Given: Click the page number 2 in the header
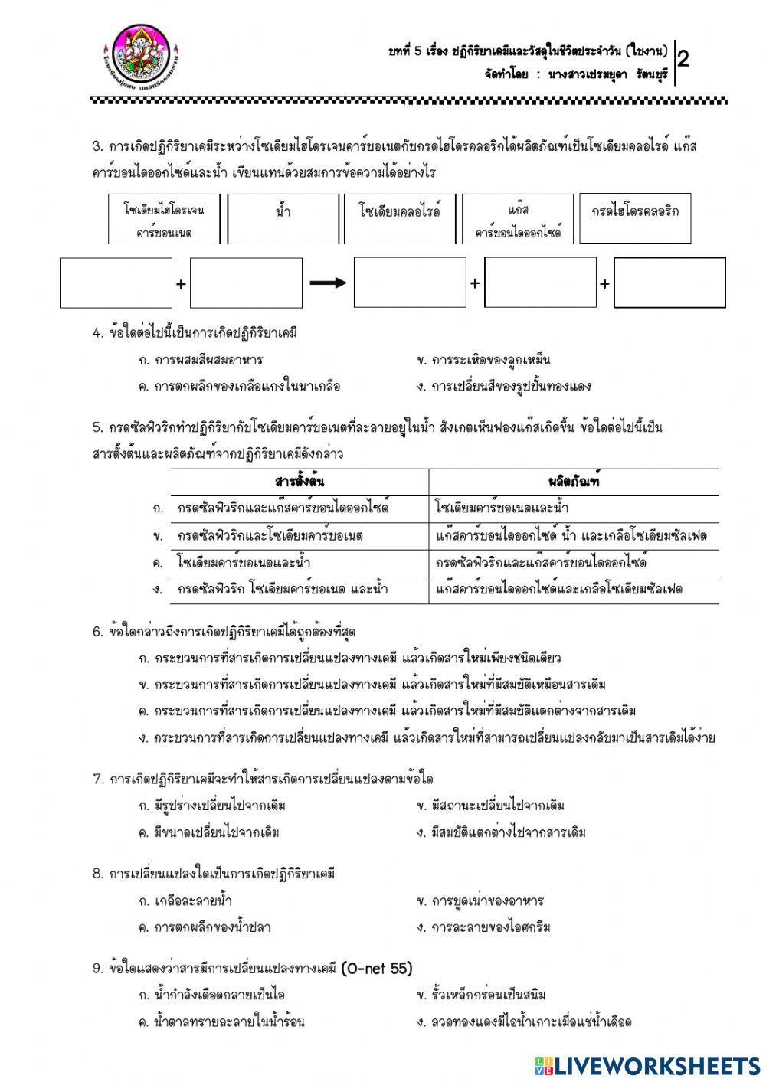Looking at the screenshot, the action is pos(683,60).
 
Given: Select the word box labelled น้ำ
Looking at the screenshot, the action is pos(283,218).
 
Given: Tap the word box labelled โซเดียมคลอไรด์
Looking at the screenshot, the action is pos(399,218).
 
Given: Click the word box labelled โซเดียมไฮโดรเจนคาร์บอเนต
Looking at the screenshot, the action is pos(164,218).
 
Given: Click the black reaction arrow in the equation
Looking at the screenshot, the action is pos(328,283).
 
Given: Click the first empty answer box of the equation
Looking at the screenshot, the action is pos(116,283).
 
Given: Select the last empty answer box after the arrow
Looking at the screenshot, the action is pos(669,283).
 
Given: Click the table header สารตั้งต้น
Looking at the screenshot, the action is pos(300,482).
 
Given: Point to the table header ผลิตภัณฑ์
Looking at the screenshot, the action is pos(574,482).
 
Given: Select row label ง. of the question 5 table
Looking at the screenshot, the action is pos(158,590).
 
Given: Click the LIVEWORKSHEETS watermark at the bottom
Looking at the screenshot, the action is pos(647,1065).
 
